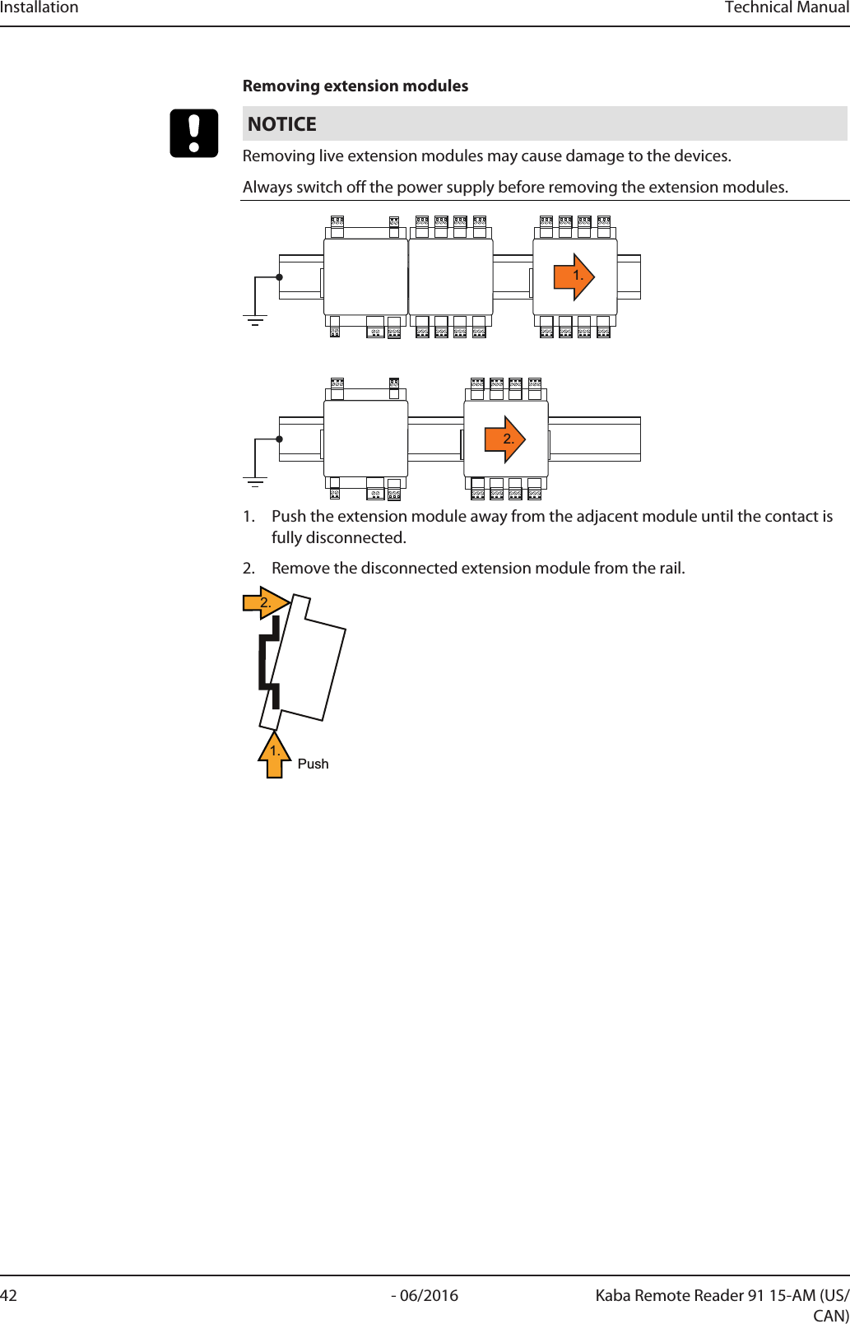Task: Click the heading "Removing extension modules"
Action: pyautogui.click(x=355, y=86)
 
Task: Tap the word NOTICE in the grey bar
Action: pyautogui.click(x=281, y=124)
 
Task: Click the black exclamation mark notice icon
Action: pyautogui.click(x=194, y=133)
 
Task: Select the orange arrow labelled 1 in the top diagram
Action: pyautogui.click(x=574, y=276)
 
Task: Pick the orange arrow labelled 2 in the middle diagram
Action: pyautogui.click(x=505, y=439)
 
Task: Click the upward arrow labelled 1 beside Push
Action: pyautogui.click(x=275, y=754)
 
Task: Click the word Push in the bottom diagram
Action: pyautogui.click(x=313, y=764)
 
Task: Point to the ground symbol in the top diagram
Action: pyautogui.click(x=255, y=320)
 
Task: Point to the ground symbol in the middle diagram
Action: pyautogui.click(x=255, y=482)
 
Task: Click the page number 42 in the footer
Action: pyautogui.click(x=8, y=1295)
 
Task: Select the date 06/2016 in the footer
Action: pyautogui.click(x=429, y=1295)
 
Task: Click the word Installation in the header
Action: pyautogui.click(x=39, y=7)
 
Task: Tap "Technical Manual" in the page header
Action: pyautogui.click(x=787, y=7)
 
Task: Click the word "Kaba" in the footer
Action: pyautogui.click(x=615, y=1295)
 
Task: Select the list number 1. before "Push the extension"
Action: pyautogui.click(x=248, y=516)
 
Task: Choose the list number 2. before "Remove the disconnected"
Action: pyautogui.click(x=248, y=568)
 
